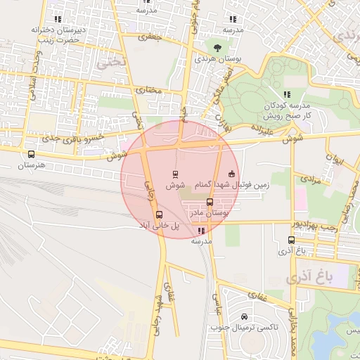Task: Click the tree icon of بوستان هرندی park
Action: tap(217, 47)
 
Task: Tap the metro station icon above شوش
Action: tap(175, 174)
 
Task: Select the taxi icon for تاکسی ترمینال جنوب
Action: tap(243, 317)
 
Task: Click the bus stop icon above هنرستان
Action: tap(30, 154)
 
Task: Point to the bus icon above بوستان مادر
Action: tap(210, 201)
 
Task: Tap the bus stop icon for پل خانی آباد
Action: tap(159, 214)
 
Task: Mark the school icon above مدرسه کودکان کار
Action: tap(286, 94)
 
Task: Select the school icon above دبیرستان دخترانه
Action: tap(57, 19)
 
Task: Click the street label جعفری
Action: tap(150, 36)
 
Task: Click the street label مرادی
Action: tap(311, 179)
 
